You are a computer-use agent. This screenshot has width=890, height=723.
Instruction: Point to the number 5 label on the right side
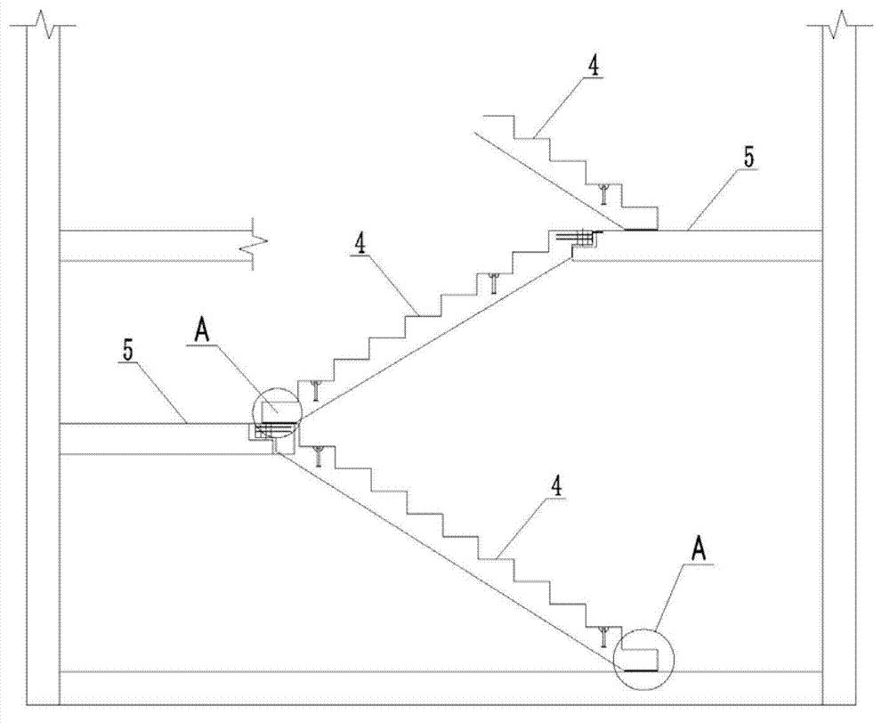pyautogui.click(x=749, y=158)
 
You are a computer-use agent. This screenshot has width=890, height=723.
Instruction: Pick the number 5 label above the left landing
pyautogui.click(x=129, y=351)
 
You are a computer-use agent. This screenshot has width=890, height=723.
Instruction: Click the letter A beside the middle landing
pyautogui.click(x=203, y=332)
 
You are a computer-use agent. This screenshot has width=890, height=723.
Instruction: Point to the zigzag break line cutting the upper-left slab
pyautogui.click(x=255, y=244)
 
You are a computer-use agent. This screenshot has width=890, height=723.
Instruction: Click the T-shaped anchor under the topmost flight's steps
pyautogui.click(x=604, y=194)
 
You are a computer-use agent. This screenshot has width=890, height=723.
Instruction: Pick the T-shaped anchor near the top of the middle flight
pyautogui.click(x=494, y=283)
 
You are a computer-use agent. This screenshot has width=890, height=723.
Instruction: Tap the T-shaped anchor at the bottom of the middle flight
pyautogui.click(x=316, y=391)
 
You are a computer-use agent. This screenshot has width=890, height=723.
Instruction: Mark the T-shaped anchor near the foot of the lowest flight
pyautogui.click(x=604, y=638)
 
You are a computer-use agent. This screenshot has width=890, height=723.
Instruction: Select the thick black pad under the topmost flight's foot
pyautogui.click(x=641, y=230)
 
